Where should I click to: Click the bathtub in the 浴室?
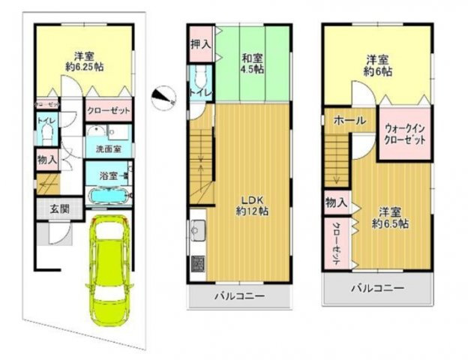109,197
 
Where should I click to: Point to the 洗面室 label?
109,149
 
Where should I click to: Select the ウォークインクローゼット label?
404,135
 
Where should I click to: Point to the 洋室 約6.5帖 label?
391,217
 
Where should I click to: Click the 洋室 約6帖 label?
378,66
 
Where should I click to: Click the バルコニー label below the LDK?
239,297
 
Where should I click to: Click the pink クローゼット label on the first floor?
109,110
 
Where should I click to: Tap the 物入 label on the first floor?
45,159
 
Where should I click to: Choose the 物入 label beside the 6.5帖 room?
336,202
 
